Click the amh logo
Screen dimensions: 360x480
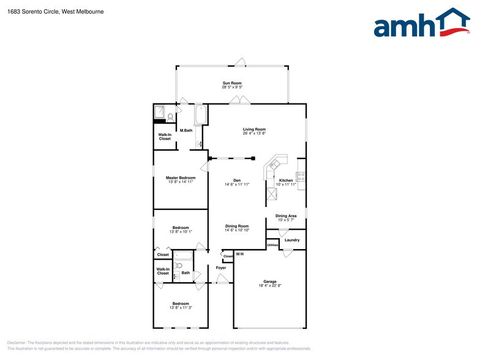[422, 24]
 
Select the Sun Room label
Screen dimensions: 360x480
[232, 83]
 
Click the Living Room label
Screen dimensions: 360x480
[254, 129]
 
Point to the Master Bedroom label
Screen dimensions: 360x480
[181, 178]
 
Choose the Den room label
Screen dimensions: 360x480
[236, 180]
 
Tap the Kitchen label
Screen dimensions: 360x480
[286, 180]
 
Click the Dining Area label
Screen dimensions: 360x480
[286, 216]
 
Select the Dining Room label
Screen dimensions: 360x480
[236, 226]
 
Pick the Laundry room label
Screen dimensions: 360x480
[292, 240]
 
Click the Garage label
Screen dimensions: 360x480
[269, 282]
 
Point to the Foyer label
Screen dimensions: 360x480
[221, 268]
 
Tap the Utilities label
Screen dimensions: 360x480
[272, 245]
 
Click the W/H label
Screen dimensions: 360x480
[239, 254]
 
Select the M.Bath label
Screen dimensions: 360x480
[187, 130]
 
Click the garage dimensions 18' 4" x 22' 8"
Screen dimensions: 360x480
[269, 286]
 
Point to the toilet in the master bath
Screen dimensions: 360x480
[170, 116]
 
